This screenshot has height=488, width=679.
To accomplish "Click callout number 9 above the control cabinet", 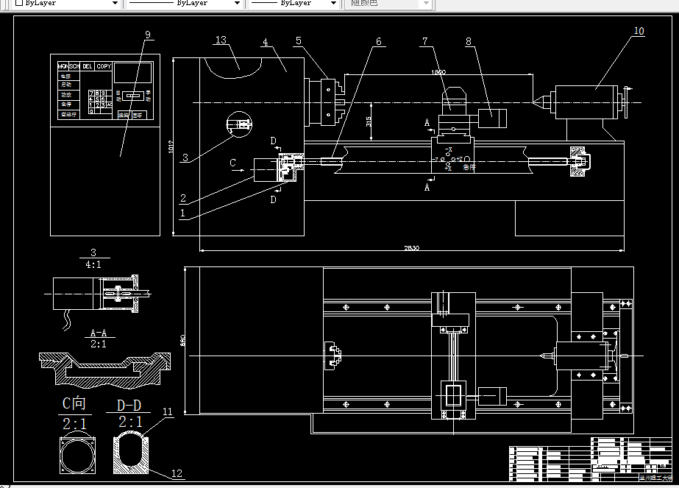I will [148, 35].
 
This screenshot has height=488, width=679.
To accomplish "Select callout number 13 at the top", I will [221, 40].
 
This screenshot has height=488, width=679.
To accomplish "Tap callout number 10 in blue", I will [638, 31].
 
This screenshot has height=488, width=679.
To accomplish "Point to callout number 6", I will [379, 42].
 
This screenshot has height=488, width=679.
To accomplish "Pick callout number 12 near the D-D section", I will [177, 473].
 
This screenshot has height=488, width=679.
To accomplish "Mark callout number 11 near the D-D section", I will [168, 412].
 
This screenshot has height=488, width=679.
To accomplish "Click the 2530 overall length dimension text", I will [411, 247].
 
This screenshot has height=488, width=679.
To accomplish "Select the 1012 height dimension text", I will [170, 147].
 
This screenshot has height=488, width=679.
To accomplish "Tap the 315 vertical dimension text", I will [369, 121].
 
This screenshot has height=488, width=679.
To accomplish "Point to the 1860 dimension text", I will [438, 72].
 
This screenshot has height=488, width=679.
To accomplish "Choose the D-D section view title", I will [130, 406].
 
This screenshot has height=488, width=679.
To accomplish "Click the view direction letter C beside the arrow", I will [233, 162].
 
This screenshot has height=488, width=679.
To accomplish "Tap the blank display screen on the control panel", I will [133, 72].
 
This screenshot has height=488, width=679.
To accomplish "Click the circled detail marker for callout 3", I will [240, 124].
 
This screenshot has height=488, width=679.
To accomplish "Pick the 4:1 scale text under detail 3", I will [93, 265].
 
